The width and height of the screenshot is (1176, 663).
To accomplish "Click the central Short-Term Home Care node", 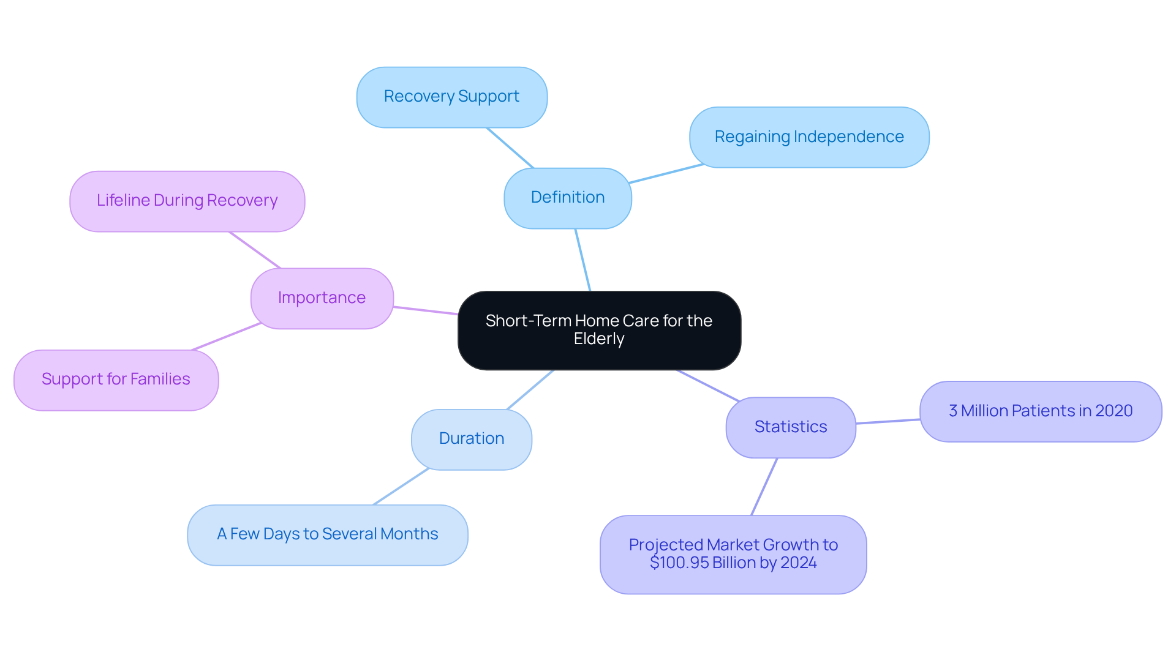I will click(599, 330).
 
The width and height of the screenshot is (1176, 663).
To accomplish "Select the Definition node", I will click(567, 198).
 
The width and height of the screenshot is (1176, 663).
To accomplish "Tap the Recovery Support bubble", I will click(451, 97).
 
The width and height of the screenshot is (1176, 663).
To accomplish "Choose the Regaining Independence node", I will click(809, 137).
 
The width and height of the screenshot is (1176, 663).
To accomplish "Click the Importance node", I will click(322, 298).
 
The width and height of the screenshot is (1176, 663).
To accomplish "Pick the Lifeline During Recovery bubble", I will click(187, 201).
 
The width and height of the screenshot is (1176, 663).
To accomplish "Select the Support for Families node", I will click(116, 380).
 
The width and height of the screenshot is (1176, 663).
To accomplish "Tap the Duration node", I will click(471, 439).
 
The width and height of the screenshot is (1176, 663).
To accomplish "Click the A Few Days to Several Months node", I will click(327, 534).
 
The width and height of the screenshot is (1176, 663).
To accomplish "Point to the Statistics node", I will click(790, 427).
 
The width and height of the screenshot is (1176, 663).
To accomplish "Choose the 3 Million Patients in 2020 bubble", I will click(1040, 411).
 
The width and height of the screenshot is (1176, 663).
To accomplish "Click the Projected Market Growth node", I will click(733, 554).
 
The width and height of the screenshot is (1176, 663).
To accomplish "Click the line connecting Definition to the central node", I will click(582, 260).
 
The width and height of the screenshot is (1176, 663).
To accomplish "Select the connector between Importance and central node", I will click(425, 310).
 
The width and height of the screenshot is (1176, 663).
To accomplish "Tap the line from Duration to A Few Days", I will click(401, 487).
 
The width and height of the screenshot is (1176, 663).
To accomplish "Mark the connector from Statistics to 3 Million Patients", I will click(888, 421).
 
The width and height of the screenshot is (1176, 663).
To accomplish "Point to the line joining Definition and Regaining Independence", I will click(666, 173).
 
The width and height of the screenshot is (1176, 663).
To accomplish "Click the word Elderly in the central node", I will click(598, 339).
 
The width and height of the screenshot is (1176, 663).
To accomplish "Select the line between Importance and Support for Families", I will click(227, 337).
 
